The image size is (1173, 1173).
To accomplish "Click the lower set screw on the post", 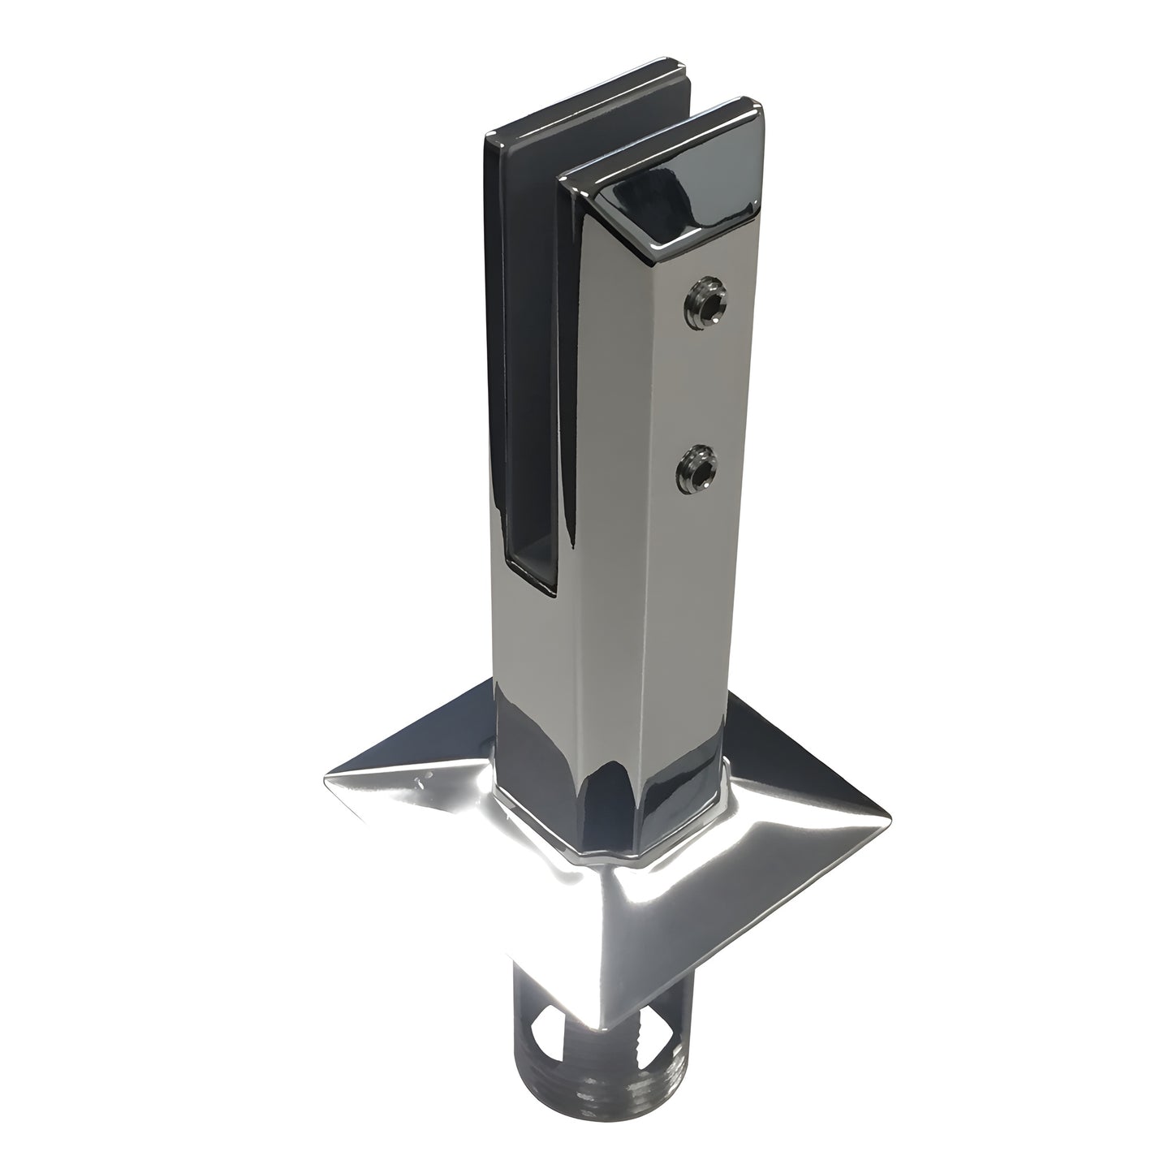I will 696,468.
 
